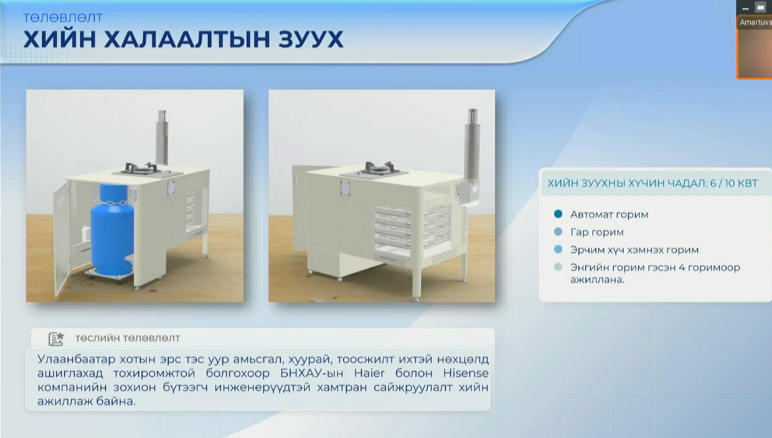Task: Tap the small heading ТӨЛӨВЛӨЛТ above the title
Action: coord(63,18)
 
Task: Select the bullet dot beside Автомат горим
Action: coord(558,214)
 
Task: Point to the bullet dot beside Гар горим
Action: coord(558,231)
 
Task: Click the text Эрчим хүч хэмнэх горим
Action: coord(634,250)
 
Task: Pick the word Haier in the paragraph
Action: coord(369,373)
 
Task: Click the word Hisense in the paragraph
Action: coord(465,373)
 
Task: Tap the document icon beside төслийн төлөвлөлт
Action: coord(56,339)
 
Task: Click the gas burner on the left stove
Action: coord(141,169)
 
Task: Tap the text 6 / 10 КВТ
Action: coord(734,184)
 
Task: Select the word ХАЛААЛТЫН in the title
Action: coord(187,39)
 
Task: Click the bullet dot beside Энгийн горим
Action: coord(558,267)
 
